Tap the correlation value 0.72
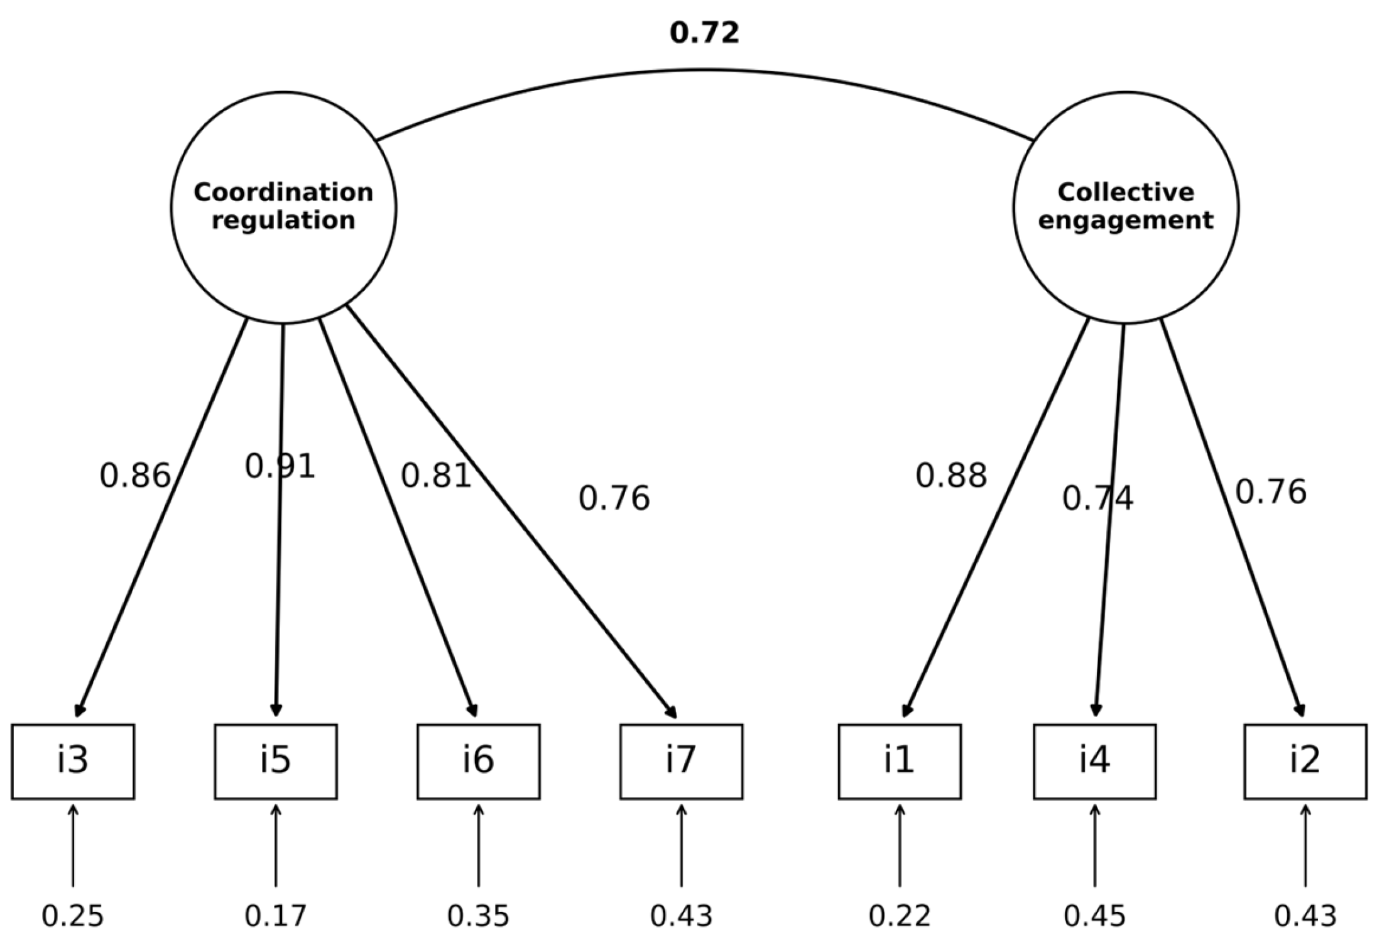point(704,33)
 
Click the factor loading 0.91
point(280,466)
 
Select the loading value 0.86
point(135,476)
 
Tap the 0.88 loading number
point(951,476)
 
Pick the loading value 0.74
point(1097,498)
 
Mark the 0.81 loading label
point(436,476)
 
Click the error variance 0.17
point(276,916)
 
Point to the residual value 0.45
point(1095,916)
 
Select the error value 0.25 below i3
point(73,916)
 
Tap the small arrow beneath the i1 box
point(900,845)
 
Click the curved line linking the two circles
point(704,70)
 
